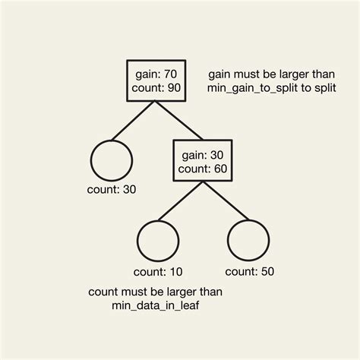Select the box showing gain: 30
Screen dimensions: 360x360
tap(201, 159)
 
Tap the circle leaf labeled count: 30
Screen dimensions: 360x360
tap(112, 159)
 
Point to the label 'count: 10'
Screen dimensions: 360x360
tap(157, 271)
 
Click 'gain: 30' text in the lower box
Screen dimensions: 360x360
tap(201, 153)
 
